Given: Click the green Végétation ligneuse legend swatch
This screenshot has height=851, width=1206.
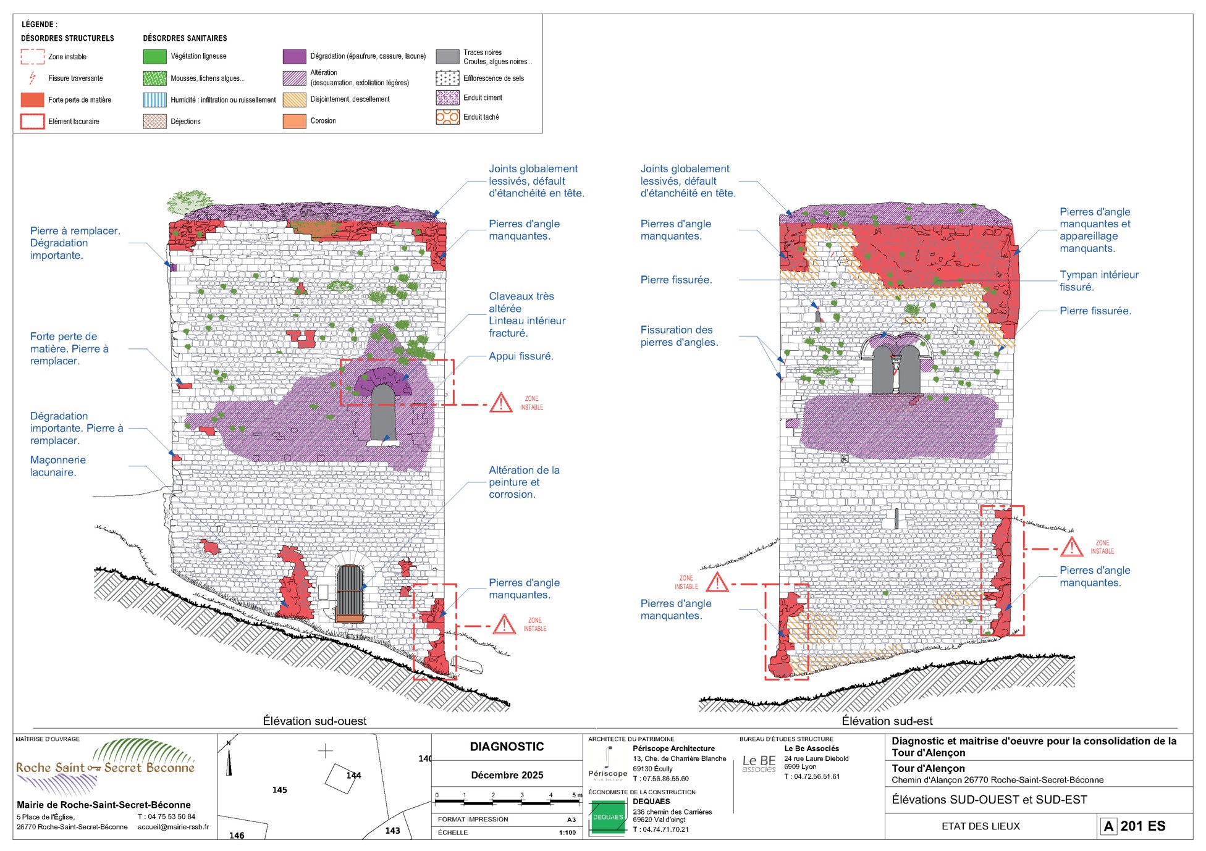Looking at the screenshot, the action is pos(155,56).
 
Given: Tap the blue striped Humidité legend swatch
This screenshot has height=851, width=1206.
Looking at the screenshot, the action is pos(155,99).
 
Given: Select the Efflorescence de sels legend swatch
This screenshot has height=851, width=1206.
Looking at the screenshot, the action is pos(447,78).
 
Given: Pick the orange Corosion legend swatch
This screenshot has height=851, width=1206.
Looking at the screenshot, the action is pos(295,121).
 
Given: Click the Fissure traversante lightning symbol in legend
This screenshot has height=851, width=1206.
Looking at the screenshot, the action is pos(33,78).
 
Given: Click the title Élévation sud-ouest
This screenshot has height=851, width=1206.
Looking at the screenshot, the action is pos(314,721).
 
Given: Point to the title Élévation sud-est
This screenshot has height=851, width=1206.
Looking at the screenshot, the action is pos(887,721).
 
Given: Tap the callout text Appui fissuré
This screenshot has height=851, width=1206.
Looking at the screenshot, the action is pos(521,356).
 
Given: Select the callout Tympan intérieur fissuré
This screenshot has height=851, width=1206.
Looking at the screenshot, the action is pos(1099,280).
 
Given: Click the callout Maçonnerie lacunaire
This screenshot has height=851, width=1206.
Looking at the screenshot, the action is pos(58,466).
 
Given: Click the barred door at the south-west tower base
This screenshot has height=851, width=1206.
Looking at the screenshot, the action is pos(350,593).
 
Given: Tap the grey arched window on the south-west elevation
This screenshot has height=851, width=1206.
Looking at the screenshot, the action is pos(383,413).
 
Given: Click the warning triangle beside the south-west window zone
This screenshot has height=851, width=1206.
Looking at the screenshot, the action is pos(501,403).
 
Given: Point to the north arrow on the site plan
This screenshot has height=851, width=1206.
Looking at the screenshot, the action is pos(229,758).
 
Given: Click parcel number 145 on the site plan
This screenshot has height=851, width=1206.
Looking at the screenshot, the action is pos(279,790).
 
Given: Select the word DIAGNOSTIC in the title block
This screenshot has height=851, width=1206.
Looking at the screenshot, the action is pos(507,747).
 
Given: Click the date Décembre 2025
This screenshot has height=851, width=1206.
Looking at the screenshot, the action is pos(507,775).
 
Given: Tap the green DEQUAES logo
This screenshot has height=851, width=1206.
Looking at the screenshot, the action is pos(608,817).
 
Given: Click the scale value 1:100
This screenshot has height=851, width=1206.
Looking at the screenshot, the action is pos(567,832).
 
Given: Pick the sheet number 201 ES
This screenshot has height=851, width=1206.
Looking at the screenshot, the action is pos(1143,826).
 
